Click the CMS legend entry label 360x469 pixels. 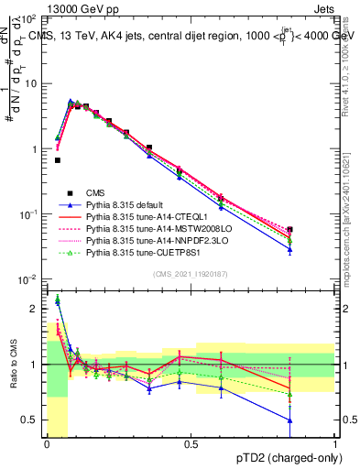96,191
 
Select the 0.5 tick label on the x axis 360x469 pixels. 191,444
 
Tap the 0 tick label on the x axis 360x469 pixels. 47,444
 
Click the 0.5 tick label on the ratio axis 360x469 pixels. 30,420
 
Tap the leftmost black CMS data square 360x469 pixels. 58,160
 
